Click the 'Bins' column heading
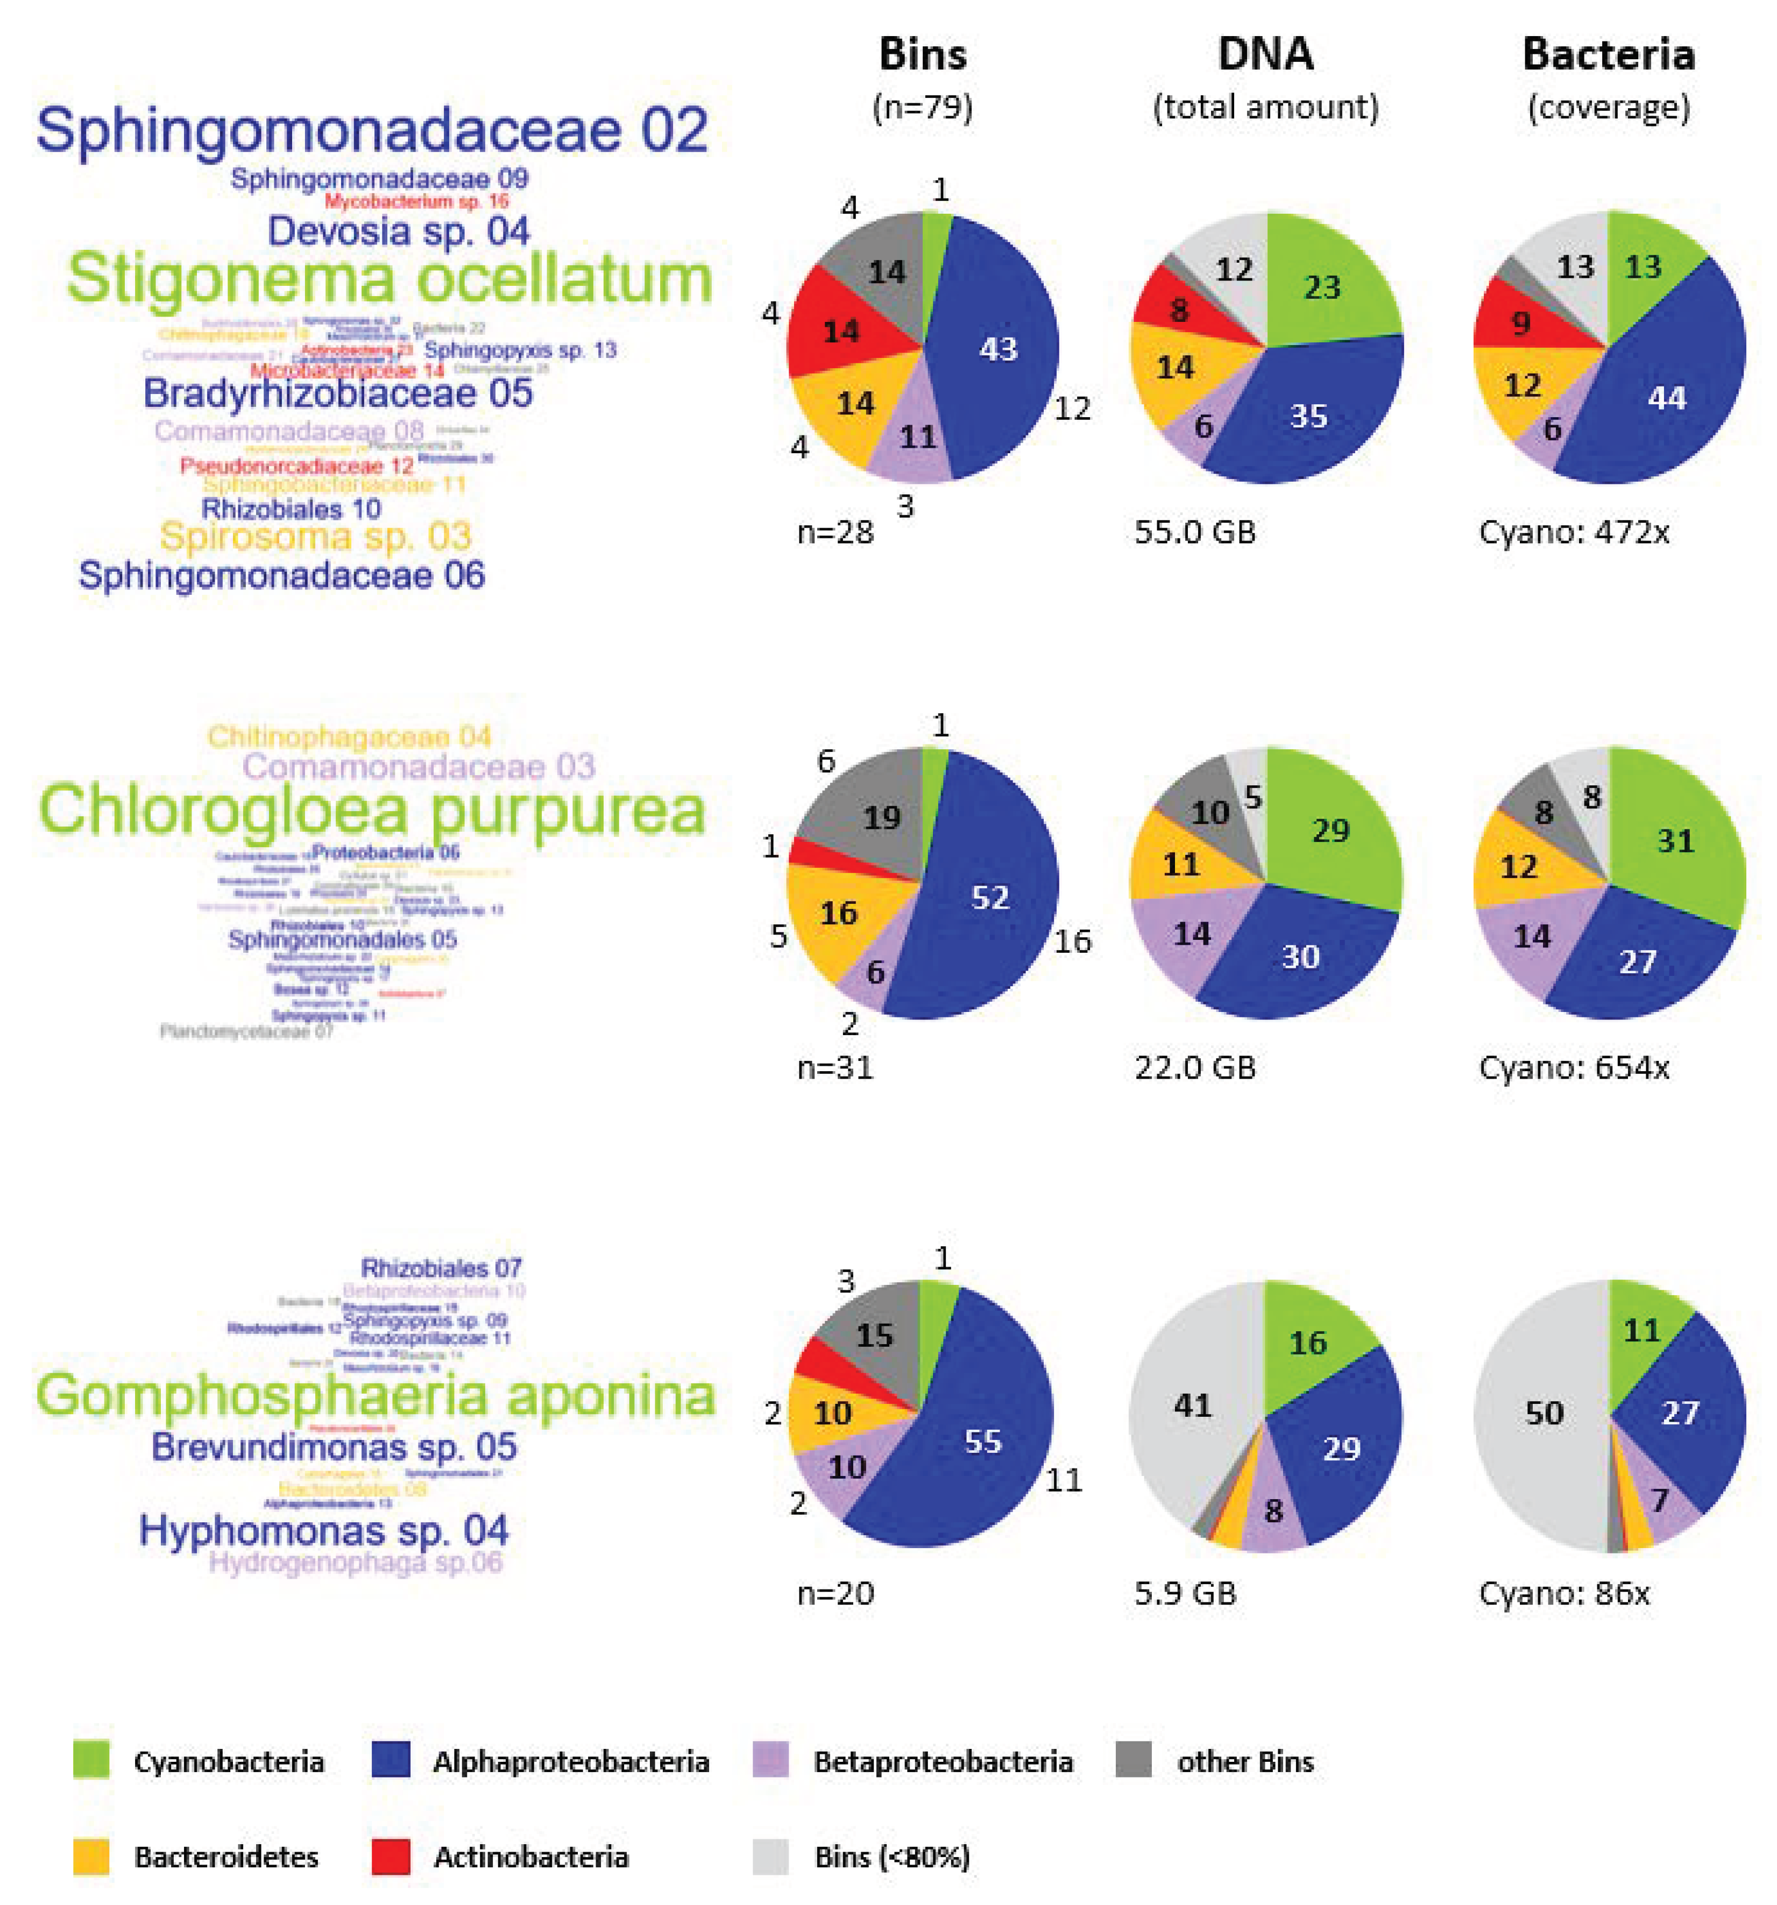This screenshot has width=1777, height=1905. coord(923,54)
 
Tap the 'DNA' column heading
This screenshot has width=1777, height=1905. coord(1265,54)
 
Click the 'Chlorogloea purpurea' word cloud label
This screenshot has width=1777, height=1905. coord(372,810)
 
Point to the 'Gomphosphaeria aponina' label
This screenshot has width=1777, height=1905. coord(376,1394)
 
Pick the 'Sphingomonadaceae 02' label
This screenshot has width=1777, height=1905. coord(373,130)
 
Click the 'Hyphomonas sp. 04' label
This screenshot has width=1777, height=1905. coord(324,1530)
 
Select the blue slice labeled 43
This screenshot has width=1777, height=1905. coord(996,350)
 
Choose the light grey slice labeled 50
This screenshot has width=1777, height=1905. coord(1544,1414)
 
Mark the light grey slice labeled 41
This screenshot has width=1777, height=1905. coord(1193,1406)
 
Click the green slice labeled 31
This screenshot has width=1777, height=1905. coord(1674,841)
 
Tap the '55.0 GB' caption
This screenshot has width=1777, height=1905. coord(1194,532)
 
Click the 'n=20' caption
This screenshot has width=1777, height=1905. coord(836,1593)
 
